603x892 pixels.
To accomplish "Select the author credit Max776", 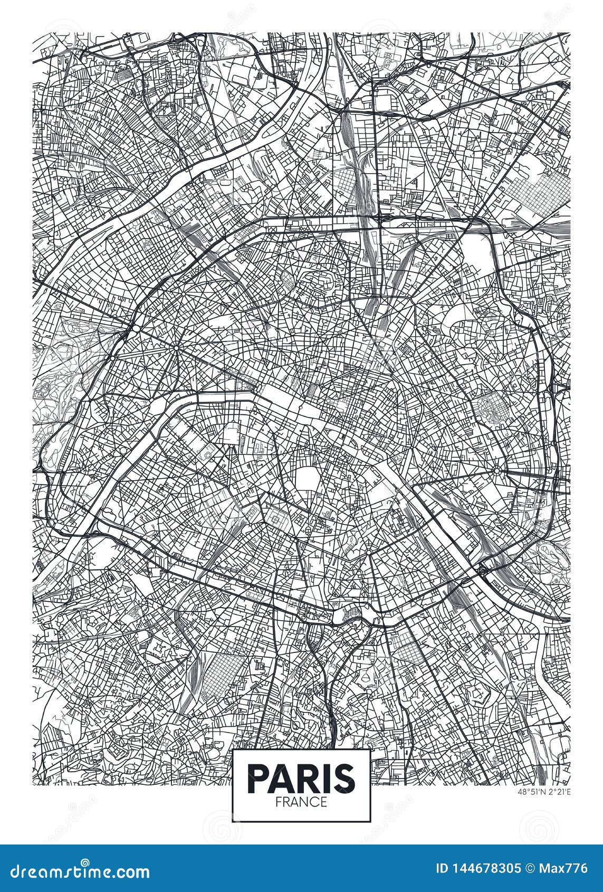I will click(567, 869).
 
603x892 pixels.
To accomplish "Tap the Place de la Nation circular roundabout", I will click(496, 470).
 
